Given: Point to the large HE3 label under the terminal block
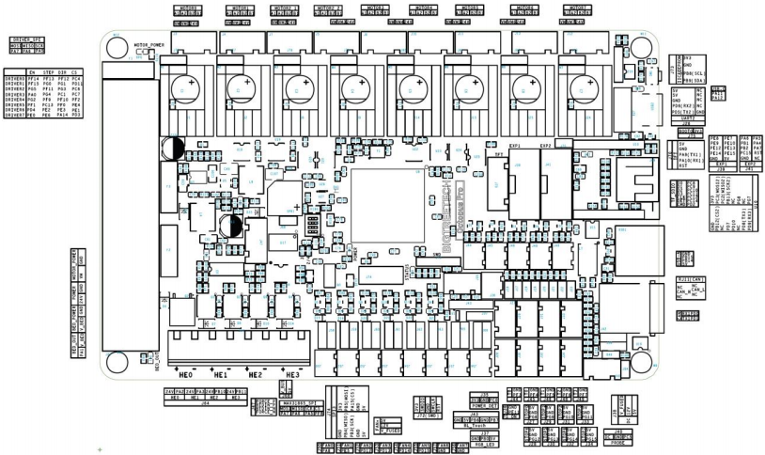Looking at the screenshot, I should tap(290, 373).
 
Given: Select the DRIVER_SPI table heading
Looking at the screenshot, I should tap(25, 39).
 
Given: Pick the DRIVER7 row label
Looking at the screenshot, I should tap(14, 117).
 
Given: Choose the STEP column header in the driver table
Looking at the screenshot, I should tap(47, 71).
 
